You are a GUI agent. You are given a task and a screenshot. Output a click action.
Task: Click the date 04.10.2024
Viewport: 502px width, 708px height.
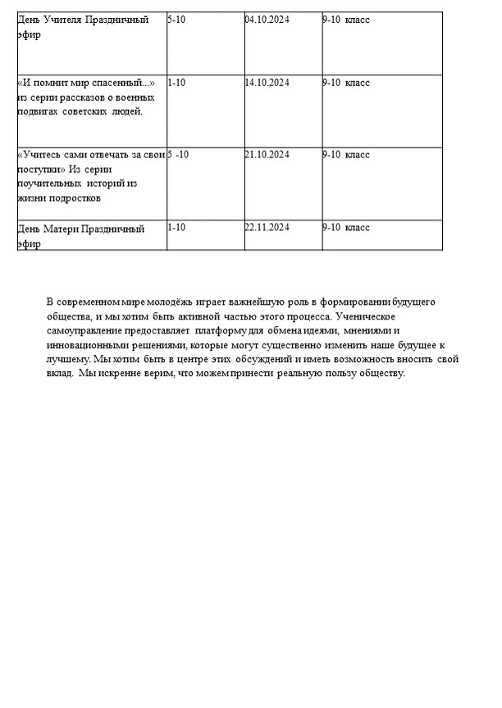coord(267,19)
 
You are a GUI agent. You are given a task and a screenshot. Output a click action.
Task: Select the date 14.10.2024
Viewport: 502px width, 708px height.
coord(267,83)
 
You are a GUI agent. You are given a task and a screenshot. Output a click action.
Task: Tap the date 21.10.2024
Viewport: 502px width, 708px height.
coord(267,155)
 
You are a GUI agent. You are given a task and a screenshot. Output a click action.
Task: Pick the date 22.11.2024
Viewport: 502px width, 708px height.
coord(267,227)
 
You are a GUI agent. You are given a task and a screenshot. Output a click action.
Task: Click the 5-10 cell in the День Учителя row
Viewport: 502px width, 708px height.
coord(176,19)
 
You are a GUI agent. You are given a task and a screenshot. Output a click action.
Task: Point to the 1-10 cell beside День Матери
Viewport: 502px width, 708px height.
coord(176,227)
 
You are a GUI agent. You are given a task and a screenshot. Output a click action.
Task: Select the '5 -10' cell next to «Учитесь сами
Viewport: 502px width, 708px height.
coord(178,155)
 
